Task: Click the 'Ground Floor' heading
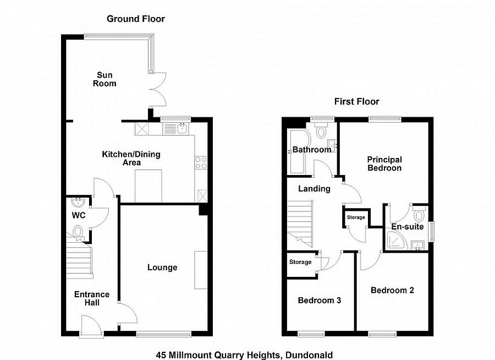click(x=135, y=19)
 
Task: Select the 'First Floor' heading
click(x=357, y=101)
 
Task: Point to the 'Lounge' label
click(x=162, y=268)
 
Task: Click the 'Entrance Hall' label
click(x=92, y=298)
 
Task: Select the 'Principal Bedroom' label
click(x=384, y=163)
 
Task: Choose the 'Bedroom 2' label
click(x=392, y=290)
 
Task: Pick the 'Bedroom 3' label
click(x=320, y=301)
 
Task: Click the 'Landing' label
click(x=314, y=189)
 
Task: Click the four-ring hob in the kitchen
click(x=201, y=162)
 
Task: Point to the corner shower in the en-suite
click(x=394, y=239)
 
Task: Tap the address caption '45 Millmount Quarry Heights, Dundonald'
click(x=244, y=355)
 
